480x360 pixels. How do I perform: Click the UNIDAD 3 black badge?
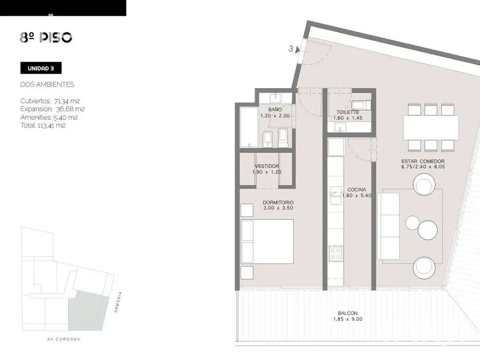(41, 68)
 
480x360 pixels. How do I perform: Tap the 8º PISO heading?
(46, 37)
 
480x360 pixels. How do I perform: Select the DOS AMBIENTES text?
(47, 84)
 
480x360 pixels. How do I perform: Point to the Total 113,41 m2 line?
(43, 125)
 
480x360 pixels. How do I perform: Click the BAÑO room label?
(275, 110)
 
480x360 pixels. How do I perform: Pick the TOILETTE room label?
(348, 112)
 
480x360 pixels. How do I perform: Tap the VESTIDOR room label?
(267, 166)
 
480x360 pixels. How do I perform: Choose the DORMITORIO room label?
(278, 202)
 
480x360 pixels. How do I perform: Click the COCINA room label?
(357, 190)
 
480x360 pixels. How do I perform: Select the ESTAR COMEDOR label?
(423, 161)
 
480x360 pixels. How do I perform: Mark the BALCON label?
(348, 313)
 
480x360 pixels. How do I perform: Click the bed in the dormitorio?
(267, 241)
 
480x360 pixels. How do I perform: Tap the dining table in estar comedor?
(431, 127)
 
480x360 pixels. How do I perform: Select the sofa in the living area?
(389, 226)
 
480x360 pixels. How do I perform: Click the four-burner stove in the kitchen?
(335, 254)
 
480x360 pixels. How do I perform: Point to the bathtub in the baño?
(249, 127)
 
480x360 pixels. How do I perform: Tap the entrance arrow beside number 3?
(297, 50)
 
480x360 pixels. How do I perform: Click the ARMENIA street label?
(118, 302)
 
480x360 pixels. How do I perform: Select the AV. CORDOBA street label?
(64, 339)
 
